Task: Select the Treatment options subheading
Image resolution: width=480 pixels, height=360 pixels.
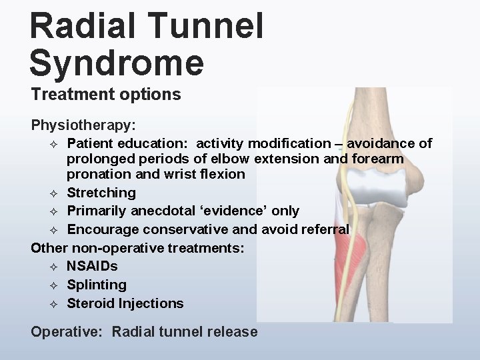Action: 106,95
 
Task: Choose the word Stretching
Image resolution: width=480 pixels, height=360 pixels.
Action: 101,193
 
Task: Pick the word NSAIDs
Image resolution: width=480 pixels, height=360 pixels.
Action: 92,266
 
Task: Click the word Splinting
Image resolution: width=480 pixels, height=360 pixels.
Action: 97,285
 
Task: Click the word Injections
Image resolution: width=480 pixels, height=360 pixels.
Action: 151,303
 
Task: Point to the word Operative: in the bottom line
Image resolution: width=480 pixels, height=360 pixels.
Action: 68,331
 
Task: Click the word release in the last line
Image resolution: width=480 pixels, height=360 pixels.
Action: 234,331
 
